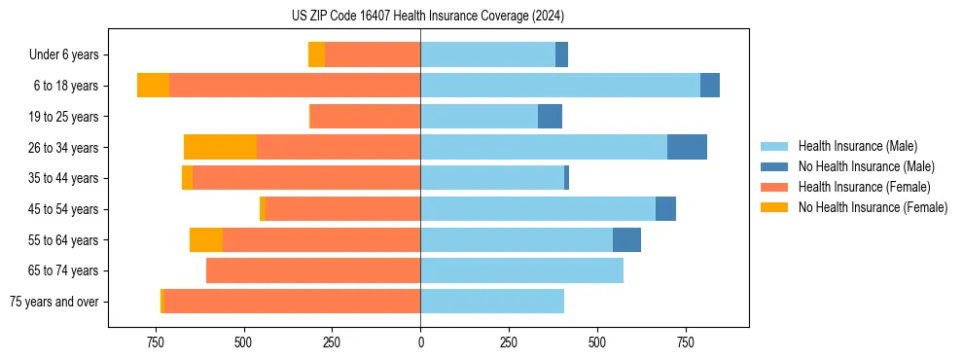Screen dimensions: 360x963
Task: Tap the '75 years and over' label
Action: tap(54, 302)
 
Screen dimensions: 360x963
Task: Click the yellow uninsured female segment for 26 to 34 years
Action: tap(220, 147)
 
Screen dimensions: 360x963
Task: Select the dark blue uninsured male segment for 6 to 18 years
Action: tap(710, 86)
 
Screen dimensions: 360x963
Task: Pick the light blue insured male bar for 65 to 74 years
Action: tap(521, 270)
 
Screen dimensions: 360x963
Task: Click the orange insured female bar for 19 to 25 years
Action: tap(365, 117)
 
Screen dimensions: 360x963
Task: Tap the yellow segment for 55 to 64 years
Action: tap(206, 239)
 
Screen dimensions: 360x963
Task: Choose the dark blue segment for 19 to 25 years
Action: tap(550, 117)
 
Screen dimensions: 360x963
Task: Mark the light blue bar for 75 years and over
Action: tap(492, 302)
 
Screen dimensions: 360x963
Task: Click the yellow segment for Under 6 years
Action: tap(316, 54)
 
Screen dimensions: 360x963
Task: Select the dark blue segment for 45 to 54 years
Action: tap(665, 209)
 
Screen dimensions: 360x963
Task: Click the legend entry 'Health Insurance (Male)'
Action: tap(857, 146)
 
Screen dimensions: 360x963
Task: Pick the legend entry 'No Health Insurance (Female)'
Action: tap(873, 207)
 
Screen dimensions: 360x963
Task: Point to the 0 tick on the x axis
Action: tap(420, 342)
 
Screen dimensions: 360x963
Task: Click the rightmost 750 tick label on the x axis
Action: tap(686, 342)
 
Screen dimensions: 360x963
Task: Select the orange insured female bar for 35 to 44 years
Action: tap(306, 178)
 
